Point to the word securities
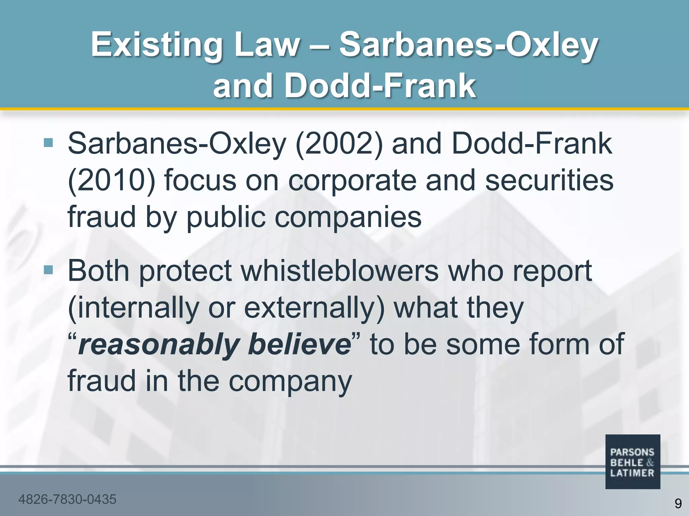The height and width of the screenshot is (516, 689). pos(549,180)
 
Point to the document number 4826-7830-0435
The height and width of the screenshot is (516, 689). pos(67,499)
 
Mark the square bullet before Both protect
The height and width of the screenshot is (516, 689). pos(48,269)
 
